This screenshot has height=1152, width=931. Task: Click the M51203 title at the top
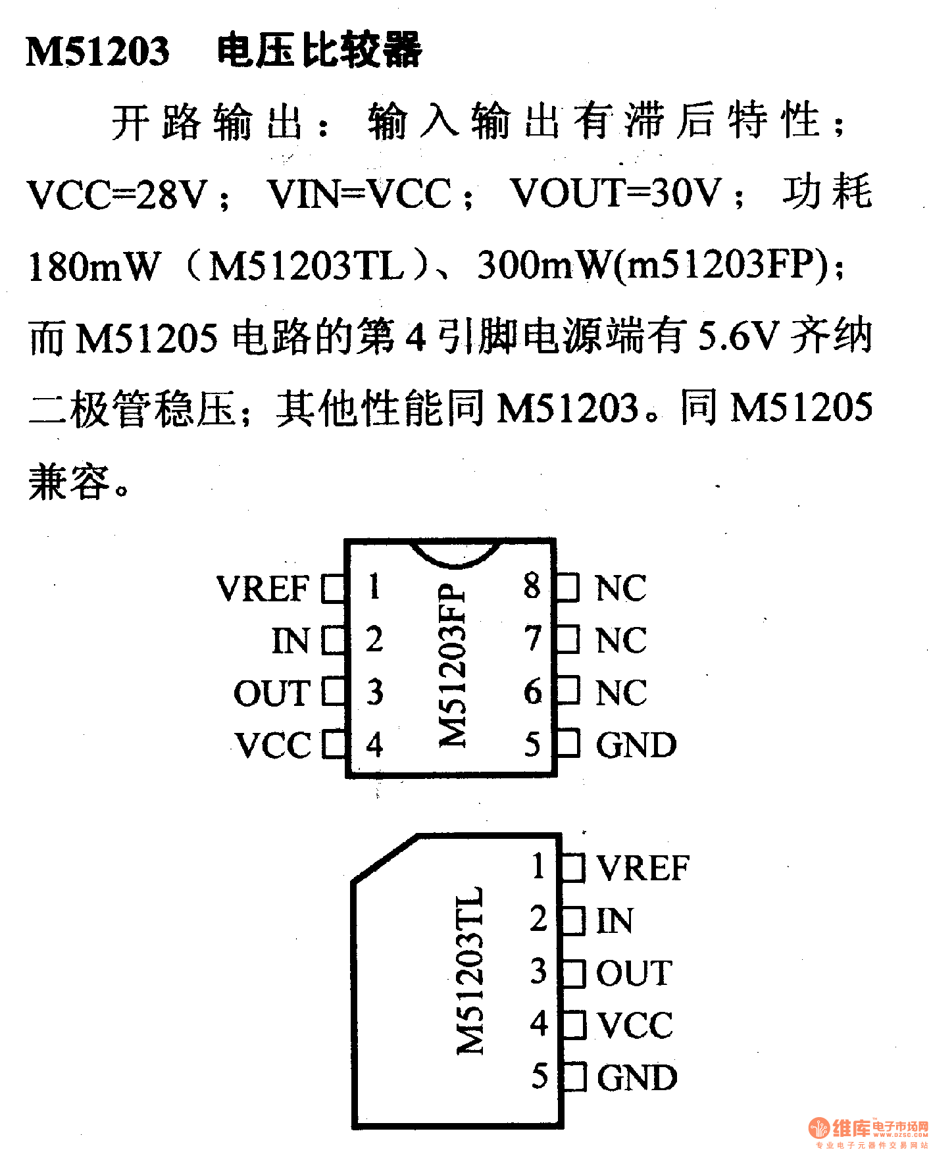click(97, 51)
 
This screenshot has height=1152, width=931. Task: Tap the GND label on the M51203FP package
click(636, 745)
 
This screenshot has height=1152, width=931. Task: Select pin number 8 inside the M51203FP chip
click(532, 586)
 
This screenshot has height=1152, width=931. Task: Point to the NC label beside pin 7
click(620, 640)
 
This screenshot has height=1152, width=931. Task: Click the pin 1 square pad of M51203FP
click(334, 588)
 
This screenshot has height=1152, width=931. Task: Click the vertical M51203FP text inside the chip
click(453, 664)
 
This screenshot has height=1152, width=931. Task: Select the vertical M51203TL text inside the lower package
click(470, 970)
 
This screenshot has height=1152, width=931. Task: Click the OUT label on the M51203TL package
click(634, 973)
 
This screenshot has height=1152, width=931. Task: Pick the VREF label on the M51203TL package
click(643, 868)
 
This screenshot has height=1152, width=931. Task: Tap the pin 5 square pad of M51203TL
click(574, 1077)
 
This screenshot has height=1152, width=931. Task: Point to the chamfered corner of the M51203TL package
click(385, 857)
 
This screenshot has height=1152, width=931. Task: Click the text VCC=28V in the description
click(118, 194)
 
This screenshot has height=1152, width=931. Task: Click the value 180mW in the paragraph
click(94, 266)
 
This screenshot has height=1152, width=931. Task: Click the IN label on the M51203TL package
click(615, 920)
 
